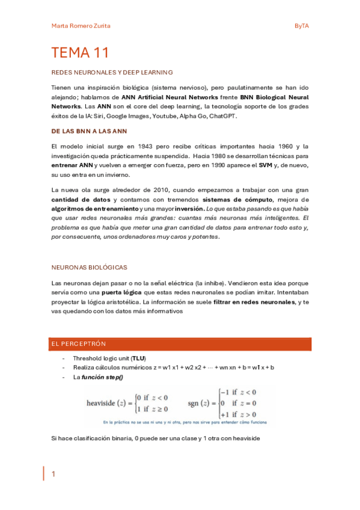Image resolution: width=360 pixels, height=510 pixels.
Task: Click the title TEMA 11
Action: pyautogui.click(x=80, y=53)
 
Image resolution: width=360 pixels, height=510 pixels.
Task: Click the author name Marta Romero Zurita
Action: pyautogui.click(x=81, y=26)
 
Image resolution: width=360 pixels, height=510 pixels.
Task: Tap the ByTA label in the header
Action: pyautogui.click(x=301, y=26)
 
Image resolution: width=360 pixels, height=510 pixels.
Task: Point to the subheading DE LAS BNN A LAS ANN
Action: pyautogui.click(x=89, y=131)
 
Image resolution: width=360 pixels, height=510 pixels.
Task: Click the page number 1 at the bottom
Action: pyautogui.click(x=53, y=475)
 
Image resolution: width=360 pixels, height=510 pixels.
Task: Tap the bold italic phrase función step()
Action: pyautogui.click(x=101, y=377)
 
